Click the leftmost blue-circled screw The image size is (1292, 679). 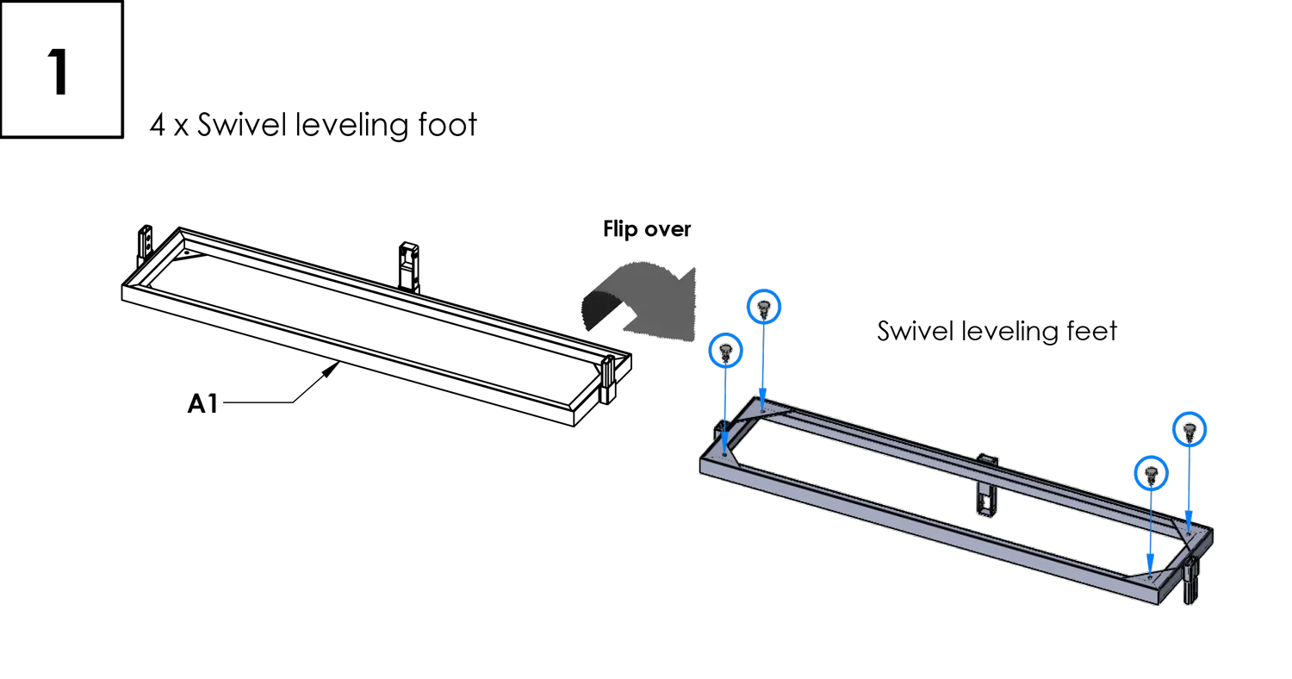(x=725, y=349)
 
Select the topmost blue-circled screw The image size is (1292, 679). (x=762, y=305)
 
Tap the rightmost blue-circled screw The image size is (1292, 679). (x=1189, y=428)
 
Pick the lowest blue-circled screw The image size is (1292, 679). (x=1151, y=472)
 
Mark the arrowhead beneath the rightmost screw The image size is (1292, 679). (x=1189, y=523)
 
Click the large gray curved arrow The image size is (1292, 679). (x=642, y=297)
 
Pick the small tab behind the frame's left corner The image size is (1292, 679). (x=717, y=427)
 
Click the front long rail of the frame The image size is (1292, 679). (x=930, y=526)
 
